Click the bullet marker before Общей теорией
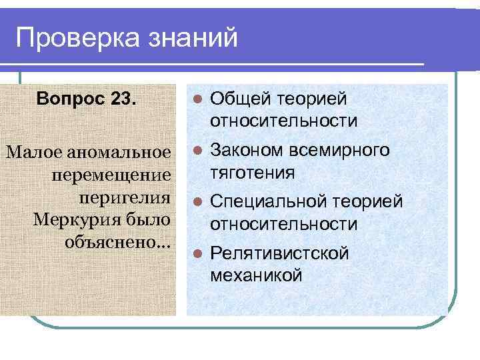click(x=195, y=100)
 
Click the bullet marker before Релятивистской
click(x=195, y=253)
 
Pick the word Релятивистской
click(x=279, y=253)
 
